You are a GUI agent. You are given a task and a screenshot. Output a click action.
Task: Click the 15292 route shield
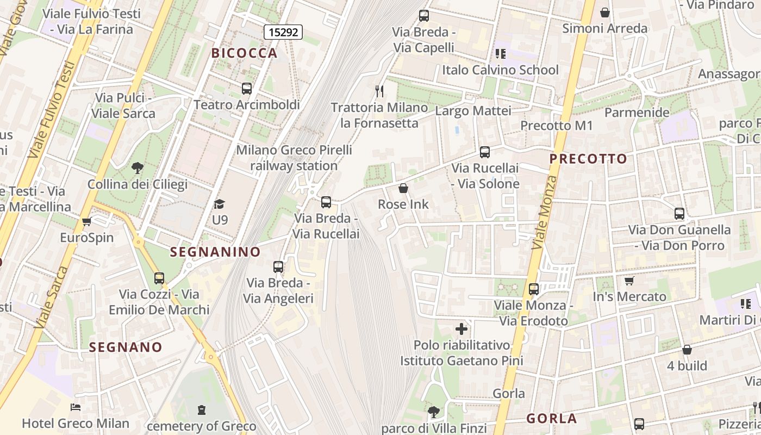click(x=283, y=32)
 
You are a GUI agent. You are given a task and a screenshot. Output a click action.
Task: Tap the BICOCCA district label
click(x=245, y=53)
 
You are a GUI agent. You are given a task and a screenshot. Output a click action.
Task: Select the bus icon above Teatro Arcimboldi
click(x=247, y=89)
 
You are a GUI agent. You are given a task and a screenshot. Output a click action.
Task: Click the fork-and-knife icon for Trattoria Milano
click(x=379, y=91)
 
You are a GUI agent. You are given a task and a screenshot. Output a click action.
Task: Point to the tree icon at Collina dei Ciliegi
click(x=138, y=168)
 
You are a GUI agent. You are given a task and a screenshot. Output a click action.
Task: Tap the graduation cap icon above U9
click(x=219, y=204)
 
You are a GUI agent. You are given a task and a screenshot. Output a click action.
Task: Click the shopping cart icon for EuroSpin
click(x=86, y=221)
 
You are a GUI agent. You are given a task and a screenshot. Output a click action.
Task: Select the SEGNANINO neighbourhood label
click(x=215, y=252)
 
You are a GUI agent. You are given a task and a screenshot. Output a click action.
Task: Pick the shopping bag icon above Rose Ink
click(x=403, y=188)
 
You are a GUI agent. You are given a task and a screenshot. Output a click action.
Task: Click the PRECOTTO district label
click(x=588, y=159)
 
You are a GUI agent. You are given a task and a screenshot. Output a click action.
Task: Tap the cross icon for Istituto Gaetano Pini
click(x=461, y=328)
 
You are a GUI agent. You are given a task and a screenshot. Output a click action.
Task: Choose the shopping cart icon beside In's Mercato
click(x=629, y=281)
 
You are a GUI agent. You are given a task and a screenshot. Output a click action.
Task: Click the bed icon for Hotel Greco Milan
click(x=76, y=407)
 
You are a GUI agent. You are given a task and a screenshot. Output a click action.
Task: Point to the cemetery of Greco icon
click(x=202, y=409)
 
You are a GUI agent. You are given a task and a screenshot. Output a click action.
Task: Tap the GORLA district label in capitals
click(x=551, y=419)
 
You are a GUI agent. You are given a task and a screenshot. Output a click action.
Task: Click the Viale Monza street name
click(x=545, y=213)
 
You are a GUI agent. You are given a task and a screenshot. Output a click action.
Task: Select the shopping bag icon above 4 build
click(x=687, y=350)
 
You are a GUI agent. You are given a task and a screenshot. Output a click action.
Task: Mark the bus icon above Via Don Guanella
click(x=679, y=214)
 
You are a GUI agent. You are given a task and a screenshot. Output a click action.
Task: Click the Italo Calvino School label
click(x=500, y=70)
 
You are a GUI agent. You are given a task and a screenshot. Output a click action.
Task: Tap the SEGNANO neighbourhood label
click(x=126, y=347)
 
